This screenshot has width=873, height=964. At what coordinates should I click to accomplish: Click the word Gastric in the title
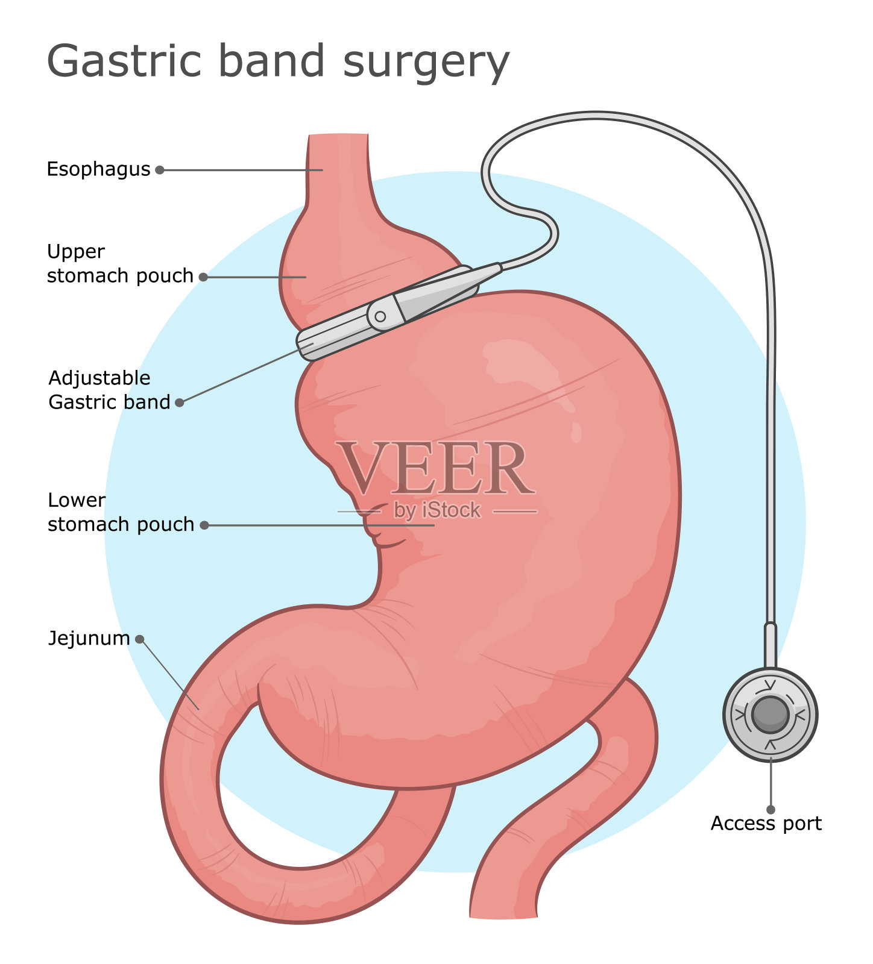(124, 61)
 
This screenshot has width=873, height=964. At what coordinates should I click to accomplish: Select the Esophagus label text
(98, 169)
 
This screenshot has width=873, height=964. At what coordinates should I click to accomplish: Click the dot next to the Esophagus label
(160, 170)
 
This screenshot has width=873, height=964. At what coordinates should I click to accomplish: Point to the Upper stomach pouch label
(119, 264)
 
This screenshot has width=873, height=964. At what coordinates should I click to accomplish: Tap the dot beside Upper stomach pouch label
(204, 277)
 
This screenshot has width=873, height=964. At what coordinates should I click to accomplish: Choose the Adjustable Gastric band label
(109, 390)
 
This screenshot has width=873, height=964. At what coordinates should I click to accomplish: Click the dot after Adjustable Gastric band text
(179, 402)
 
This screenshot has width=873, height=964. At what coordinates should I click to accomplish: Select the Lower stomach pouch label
(121, 513)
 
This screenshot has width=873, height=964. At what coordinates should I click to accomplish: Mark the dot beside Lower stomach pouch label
(204, 525)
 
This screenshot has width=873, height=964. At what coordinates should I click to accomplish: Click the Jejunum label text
(89, 639)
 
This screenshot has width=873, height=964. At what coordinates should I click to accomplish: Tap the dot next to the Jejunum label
(140, 639)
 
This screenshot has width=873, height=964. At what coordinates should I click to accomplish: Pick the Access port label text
(766, 824)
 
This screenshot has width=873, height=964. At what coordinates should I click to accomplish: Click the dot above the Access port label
(771, 810)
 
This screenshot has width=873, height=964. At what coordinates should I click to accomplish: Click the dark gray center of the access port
(770, 715)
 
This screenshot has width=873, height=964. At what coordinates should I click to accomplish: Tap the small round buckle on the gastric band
(380, 316)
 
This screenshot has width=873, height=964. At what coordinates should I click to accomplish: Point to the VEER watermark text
(435, 469)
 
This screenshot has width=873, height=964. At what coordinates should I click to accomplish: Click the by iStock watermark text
(437, 510)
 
